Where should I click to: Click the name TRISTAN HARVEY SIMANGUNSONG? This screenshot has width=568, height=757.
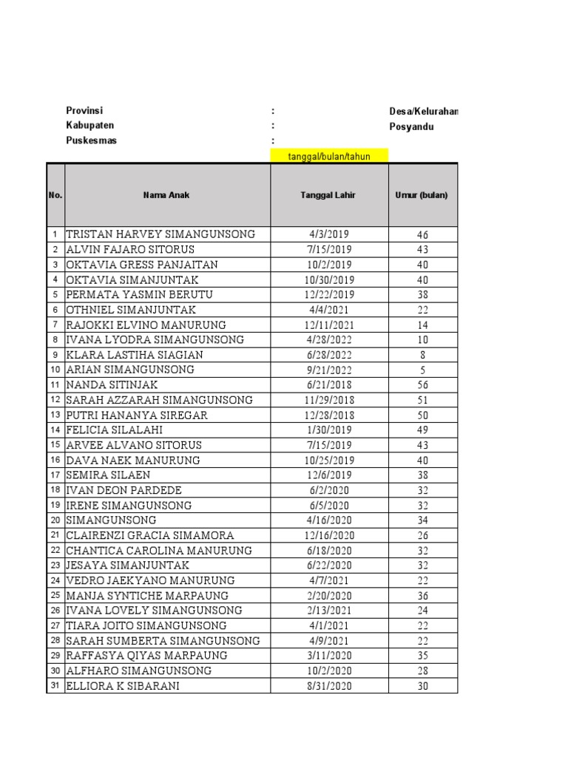pyautogui.click(x=160, y=234)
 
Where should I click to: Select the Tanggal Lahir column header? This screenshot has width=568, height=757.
pyautogui.click(x=328, y=195)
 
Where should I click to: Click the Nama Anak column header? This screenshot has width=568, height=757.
pyautogui.click(x=167, y=195)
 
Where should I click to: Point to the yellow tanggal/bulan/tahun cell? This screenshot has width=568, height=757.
pyautogui.click(x=328, y=156)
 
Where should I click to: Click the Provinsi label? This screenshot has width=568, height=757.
pyautogui.click(x=84, y=111)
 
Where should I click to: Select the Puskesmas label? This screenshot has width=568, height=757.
pyautogui.click(x=91, y=140)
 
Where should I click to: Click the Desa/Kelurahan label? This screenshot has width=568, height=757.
pyautogui.click(x=423, y=111)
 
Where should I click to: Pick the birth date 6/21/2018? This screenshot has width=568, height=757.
pyautogui.click(x=329, y=385)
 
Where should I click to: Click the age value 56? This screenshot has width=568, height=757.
pyautogui.click(x=422, y=385)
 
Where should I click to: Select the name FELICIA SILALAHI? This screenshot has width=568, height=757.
pyautogui.click(x=115, y=430)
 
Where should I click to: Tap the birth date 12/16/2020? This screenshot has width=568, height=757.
pyautogui.click(x=329, y=536)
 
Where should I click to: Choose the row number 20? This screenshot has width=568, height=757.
pyautogui.click(x=55, y=520)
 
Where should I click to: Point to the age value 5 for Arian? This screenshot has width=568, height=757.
pyautogui.click(x=422, y=370)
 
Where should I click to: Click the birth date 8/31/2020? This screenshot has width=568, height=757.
pyautogui.click(x=329, y=686)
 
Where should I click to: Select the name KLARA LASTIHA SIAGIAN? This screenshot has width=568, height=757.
pyautogui.click(x=135, y=355)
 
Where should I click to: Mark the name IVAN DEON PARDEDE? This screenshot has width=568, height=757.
pyautogui.click(x=124, y=490)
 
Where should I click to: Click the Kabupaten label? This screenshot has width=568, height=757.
pyautogui.click(x=90, y=126)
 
